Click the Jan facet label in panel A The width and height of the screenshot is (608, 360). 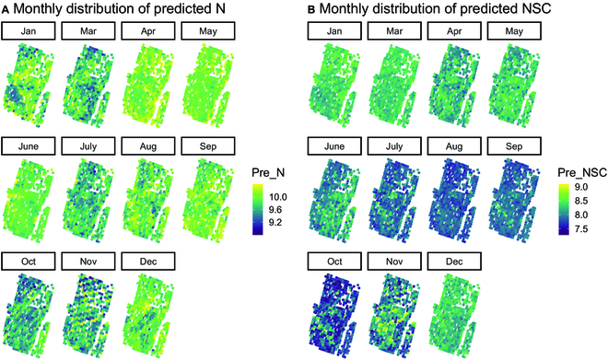(28, 32)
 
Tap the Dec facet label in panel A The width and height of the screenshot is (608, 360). (146, 261)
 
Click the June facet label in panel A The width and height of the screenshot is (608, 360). (28, 146)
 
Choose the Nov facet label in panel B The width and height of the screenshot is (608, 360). (393, 261)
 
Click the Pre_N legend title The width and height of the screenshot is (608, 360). (268, 172)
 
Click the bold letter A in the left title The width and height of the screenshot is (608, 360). (6, 9)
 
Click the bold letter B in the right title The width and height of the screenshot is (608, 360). (310, 9)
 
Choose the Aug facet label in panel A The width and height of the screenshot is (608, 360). (146, 146)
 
